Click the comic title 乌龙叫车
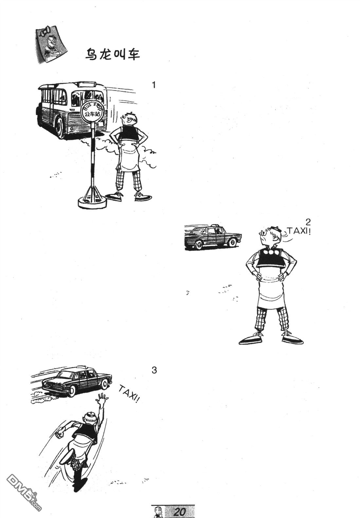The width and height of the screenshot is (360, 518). pos(112,54)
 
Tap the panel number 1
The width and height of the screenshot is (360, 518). pos(154,85)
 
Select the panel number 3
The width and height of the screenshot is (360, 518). pos(154,370)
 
